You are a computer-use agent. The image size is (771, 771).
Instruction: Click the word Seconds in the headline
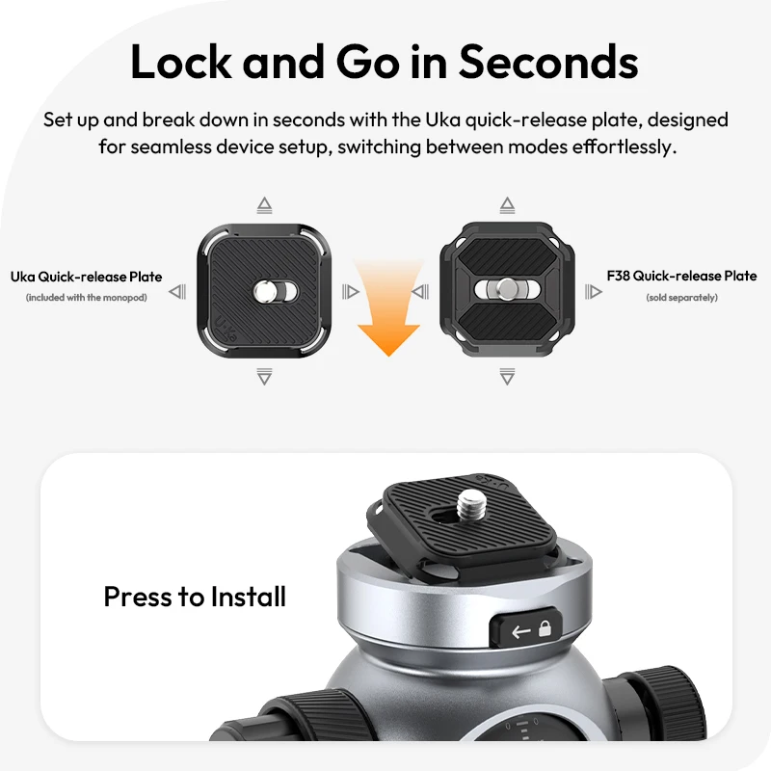point(548,62)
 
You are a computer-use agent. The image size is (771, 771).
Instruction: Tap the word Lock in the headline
point(180,62)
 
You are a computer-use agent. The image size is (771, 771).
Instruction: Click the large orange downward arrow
point(388,307)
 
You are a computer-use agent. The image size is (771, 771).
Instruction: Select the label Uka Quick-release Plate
point(86,277)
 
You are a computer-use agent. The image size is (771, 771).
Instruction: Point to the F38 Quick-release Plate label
point(681,276)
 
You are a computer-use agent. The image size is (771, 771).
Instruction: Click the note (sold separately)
point(681,298)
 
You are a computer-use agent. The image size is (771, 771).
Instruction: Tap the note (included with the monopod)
point(86,298)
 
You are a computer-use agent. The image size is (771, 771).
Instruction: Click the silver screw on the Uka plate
point(264,292)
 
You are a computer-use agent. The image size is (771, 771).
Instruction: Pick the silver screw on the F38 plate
point(507,288)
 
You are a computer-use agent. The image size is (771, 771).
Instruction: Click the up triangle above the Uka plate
point(264,205)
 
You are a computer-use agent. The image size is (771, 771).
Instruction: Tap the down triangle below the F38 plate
point(508,376)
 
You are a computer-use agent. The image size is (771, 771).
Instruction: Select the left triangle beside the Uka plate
point(177,292)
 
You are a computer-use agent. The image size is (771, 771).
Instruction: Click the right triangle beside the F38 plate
point(594,292)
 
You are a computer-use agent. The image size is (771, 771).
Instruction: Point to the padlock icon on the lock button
point(545,628)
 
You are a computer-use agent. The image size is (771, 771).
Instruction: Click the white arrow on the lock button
point(521,631)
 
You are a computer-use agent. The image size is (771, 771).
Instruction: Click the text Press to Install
point(195,597)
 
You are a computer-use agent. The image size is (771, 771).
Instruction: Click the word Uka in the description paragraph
point(443,120)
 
